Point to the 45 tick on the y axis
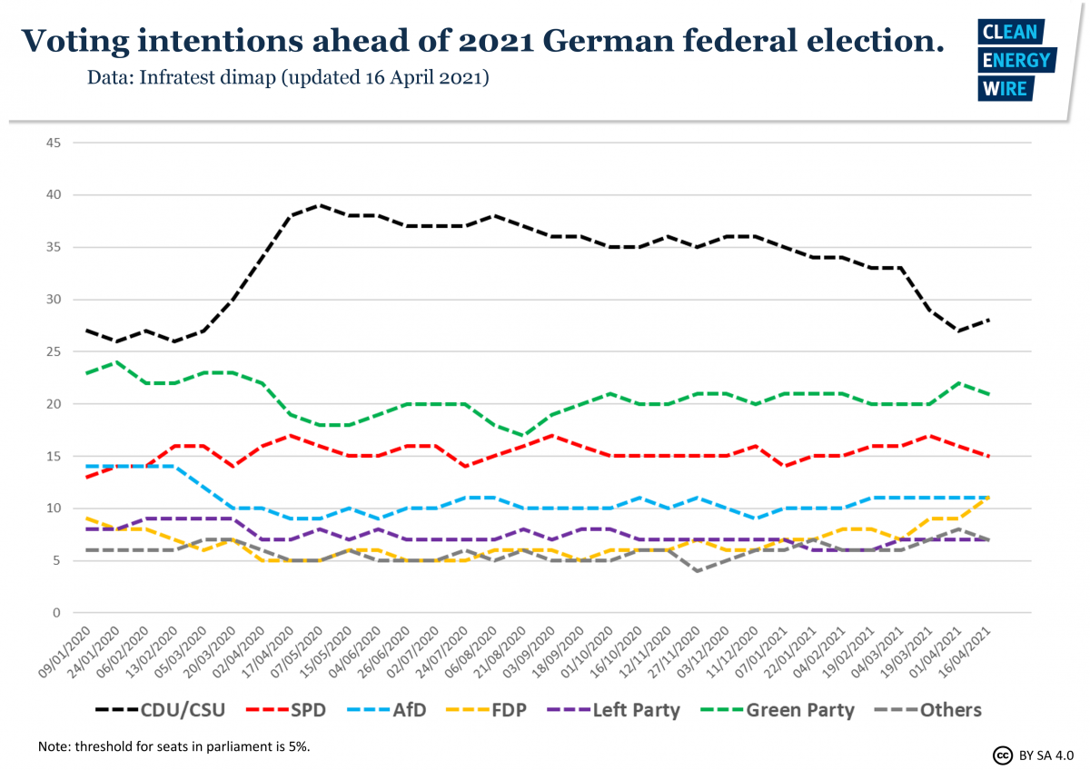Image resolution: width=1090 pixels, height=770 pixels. pyautogui.click(x=53, y=143)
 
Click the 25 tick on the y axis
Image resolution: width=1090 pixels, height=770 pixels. pyautogui.click(x=53, y=351)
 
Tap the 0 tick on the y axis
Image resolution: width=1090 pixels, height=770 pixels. pyautogui.click(x=56, y=613)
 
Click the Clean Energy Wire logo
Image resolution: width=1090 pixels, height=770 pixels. pyautogui.click(x=1016, y=61)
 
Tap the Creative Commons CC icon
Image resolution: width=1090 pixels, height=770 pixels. pyautogui.click(x=1003, y=755)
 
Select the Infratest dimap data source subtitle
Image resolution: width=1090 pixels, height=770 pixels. pyautogui.click(x=288, y=78)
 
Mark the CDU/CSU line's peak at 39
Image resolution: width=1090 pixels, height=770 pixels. pyautogui.click(x=319, y=205)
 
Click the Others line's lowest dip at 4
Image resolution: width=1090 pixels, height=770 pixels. pyautogui.click(x=697, y=571)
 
